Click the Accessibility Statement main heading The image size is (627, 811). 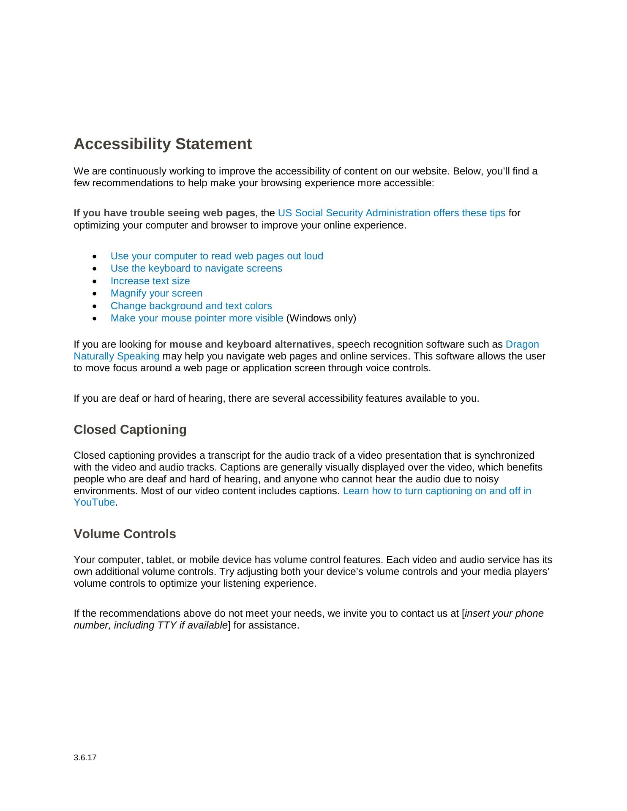pos(163,144)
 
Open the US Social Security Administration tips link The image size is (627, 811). pos(391,213)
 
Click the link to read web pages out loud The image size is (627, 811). pos(217,256)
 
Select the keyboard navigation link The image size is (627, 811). pos(196,268)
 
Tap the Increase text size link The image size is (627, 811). pos(150,281)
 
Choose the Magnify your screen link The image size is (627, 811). pos(156,293)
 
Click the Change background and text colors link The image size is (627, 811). pos(191,306)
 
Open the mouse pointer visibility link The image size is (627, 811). pos(196,318)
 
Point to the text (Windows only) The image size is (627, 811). pos(321,318)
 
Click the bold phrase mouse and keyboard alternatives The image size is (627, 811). pos(250,344)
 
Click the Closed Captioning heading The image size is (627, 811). pos(130,430)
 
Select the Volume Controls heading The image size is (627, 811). pos(125,534)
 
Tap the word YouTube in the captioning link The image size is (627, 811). pos(94,503)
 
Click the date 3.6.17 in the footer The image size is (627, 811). pos(85,758)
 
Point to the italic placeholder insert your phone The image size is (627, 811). pos(504,613)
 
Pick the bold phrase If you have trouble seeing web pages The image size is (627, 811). pos(164,213)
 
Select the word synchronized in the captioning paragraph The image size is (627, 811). pos(504,455)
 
